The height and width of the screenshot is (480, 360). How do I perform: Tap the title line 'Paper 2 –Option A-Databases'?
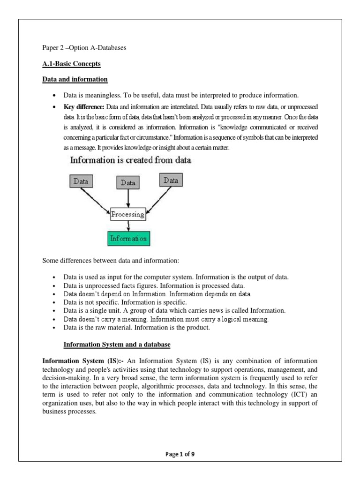pyautogui.click(x=85, y=48)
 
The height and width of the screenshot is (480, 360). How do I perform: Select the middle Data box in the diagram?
pyautogui.click(x=128, y=183)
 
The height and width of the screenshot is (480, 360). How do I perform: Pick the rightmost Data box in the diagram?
pyautogui.click(x=171, y=180)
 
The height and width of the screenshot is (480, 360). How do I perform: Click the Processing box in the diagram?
pyautogui.click(x=128, y=214)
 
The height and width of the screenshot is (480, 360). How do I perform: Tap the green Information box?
pyautogui.click(x=128, y=239)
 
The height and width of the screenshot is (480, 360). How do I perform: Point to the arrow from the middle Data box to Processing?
pyautogui.click(x=128, y=199)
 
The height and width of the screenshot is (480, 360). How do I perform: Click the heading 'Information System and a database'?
pyautogui.click(x=117, y=345)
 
